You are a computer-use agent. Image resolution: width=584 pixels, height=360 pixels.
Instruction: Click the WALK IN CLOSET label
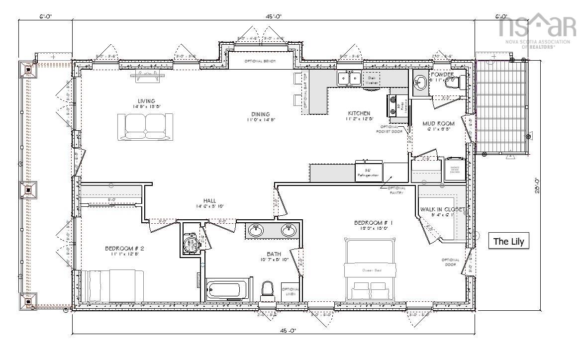click(x=442, y=209)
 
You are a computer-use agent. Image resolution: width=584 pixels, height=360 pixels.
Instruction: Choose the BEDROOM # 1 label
click(x=374, y=223)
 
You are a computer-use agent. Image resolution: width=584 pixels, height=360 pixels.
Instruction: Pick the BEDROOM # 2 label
click(x=124, y=248)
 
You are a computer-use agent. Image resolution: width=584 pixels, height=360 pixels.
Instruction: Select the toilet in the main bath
click(x=268, y=290)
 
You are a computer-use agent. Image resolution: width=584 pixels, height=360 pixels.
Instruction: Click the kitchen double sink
click(x=349, y=78)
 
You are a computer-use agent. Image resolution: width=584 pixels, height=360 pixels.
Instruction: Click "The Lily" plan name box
click(x=508, y=242)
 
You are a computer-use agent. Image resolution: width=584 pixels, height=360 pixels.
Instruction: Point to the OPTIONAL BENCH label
click(x=260, y=61)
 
